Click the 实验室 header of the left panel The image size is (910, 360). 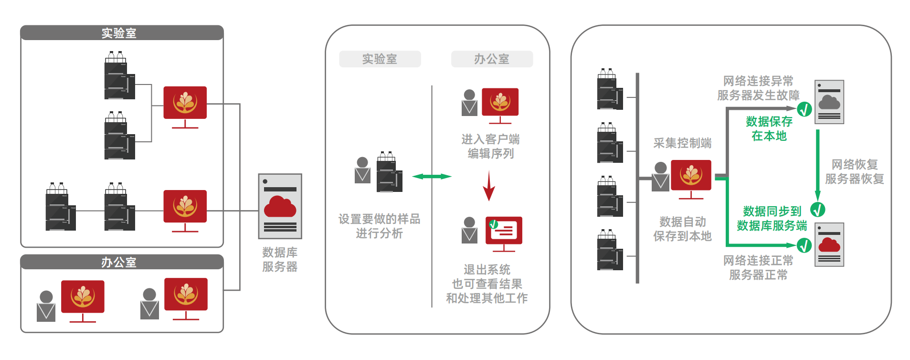click(119, 33)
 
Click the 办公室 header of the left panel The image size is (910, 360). click(119, 262)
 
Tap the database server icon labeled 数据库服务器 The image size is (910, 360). click(280, 206)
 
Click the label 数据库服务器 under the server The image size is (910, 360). click(280, 259)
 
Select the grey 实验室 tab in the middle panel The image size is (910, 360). click(380, 59)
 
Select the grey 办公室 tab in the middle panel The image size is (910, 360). click(492, 59)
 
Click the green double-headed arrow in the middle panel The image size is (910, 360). click(432, 177)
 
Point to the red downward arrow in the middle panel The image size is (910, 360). click(488, 187)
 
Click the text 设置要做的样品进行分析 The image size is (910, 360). click(380, 226)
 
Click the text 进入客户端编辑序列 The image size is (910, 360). click(490, 146)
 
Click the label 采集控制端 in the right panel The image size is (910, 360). click(682, 143)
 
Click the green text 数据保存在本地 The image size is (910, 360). click(769, 128)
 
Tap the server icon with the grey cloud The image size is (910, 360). click(829, 102)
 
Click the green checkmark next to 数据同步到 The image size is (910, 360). click(818, 210)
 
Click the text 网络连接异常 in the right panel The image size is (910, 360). click(758, 81)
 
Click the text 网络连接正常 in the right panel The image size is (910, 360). click(758, 260)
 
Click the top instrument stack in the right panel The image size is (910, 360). click(610, 90)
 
